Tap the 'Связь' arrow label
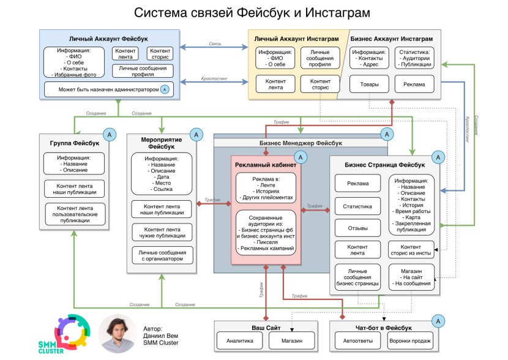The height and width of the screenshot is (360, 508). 214,44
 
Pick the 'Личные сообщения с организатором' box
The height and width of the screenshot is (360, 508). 162,255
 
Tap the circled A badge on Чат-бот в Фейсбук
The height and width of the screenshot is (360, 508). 438,320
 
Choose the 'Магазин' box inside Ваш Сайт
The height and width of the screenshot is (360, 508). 290,340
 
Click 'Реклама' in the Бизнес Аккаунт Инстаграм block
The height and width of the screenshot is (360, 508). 414,84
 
